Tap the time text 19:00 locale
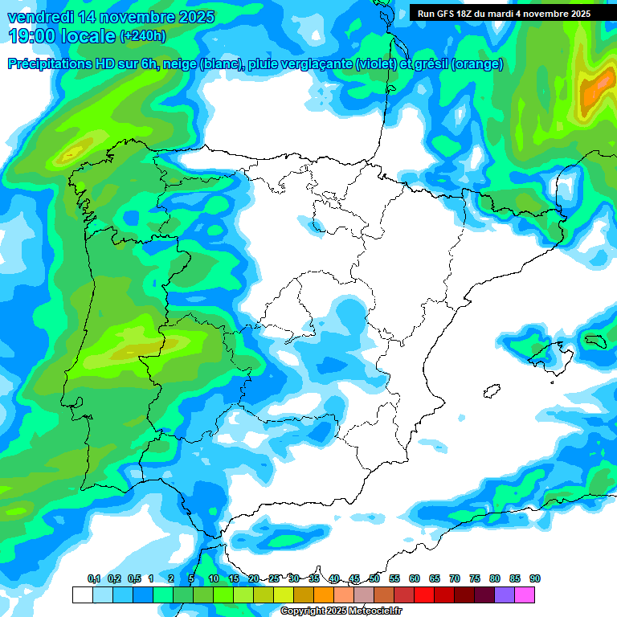tap(60, 36)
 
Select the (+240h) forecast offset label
tap(142, 36)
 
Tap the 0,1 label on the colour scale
tap(94, 578)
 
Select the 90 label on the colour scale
tap(535, 578)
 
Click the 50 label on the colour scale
tap(374, 578)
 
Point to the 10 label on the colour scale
tap(214, 578)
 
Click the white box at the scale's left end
tap(82, 595)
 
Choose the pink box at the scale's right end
tap(525, 595)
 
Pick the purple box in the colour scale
tap(505, 595)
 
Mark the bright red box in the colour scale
tap(424, 595)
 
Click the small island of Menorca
tap(595, 341)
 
